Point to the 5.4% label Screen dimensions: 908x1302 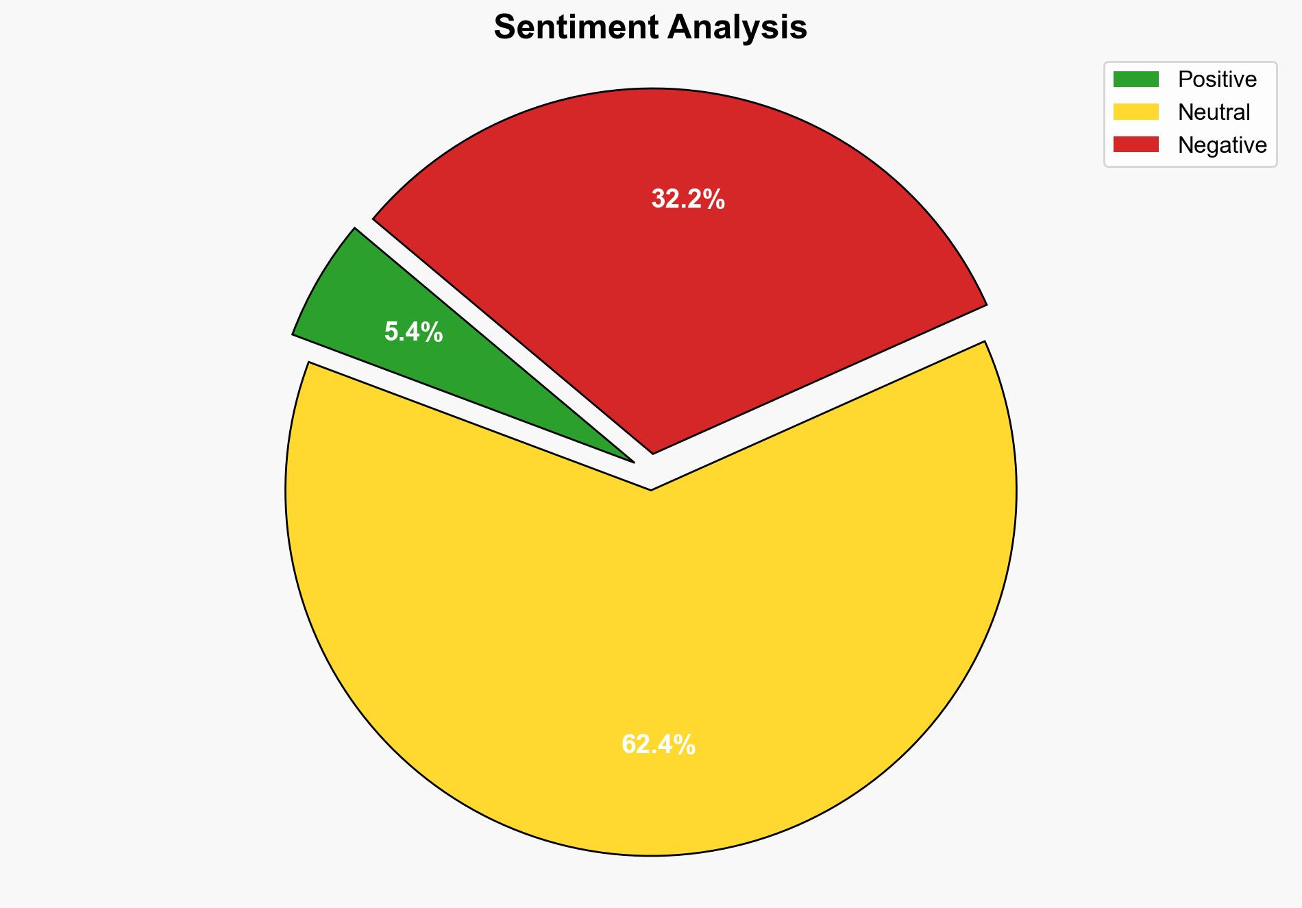click(413, 333)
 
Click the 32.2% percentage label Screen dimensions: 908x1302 click(687, 199)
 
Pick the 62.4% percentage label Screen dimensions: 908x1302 click(658, 744)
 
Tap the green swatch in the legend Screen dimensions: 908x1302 click(1135, 79)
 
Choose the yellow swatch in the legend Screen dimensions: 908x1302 click(1135, 112)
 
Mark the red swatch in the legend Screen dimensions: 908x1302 click(1135, 145)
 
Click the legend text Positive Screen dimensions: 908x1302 click(1217, 79)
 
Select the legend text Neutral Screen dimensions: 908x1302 click(1214, 112)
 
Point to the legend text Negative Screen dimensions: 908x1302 click(1222, 145)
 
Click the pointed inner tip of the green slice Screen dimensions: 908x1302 click(632, 461)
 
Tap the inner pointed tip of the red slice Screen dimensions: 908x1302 click(653, 452)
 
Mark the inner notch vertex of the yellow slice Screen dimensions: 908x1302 click(650, 489)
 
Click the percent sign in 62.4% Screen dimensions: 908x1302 click(685, 744)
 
